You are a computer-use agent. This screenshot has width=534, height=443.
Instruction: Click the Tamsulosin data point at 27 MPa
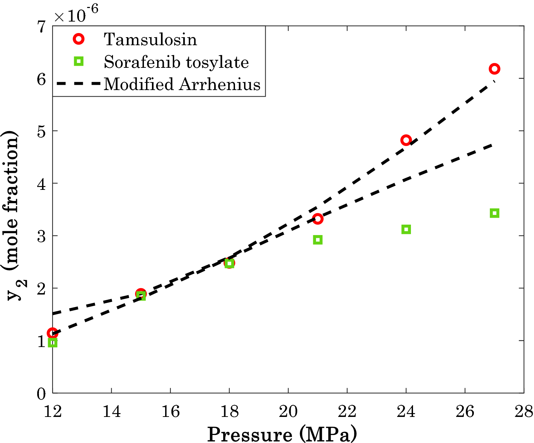(x=494, y=69)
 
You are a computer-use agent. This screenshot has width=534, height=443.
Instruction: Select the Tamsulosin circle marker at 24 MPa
(x=406, y=140)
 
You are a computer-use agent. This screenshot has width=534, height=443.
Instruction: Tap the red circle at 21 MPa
(x=317, y=219)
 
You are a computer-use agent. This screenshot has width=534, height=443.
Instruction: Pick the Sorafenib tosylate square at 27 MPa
(x=494, y=213)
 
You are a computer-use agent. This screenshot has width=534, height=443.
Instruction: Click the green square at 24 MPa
(x=406, y=229)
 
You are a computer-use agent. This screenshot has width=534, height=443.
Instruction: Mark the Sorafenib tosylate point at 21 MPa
(x=317, y=240)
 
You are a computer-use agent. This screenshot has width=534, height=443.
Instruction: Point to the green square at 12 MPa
(x=52, y=343)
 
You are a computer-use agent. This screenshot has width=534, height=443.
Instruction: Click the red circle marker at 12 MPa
(x=52, y=333)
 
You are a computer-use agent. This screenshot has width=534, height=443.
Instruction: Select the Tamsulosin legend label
(x=150, y=39)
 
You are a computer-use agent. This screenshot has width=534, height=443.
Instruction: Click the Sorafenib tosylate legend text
(x=176, y=62)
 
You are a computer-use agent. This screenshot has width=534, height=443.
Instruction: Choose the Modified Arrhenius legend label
(x=182, y=84)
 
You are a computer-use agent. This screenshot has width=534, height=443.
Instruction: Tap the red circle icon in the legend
(x=79, y=39)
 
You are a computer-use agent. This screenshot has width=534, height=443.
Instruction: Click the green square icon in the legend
(x=79, y=62)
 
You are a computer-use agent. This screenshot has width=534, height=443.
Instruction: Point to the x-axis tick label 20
(x=288, y=412)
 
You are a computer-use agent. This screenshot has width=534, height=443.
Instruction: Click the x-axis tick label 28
(x=524, y=412)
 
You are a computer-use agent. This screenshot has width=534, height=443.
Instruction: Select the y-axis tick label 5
(x=41, y=131)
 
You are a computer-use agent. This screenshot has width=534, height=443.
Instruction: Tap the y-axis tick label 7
(x=41, y=27)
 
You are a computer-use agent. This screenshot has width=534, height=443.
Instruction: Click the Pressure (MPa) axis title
(x=282, y=434)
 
